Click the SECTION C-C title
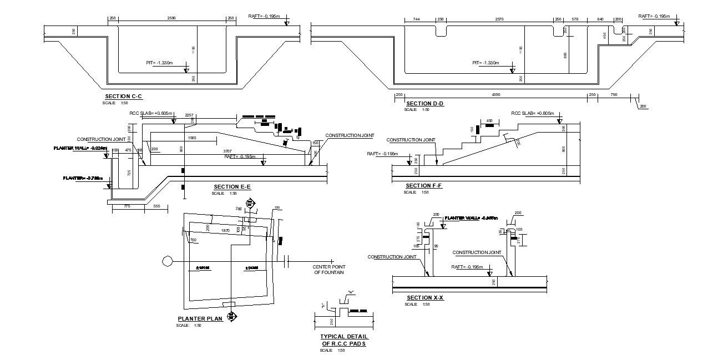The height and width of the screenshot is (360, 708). [x=123, y=97]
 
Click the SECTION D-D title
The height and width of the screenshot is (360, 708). [x=424, y=104]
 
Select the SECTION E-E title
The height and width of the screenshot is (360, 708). [x=232, y=186]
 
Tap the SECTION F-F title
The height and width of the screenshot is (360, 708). [x=423, y=185]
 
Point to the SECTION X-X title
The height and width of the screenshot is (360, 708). [x=425, y=298]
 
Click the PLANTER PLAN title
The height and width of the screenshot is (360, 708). [x=200, y=318]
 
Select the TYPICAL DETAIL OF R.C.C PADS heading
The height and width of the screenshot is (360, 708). [x=344, y=340]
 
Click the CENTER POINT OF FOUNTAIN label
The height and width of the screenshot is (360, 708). [x=329, y=270]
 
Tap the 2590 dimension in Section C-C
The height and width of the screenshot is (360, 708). [x=171, y=19]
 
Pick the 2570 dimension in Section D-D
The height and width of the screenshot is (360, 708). [x=499, y=19]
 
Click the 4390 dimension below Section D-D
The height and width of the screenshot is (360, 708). [x=497, y=95]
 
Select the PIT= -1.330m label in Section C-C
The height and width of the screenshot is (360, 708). [x=160, y=63]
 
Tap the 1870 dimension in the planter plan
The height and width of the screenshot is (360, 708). [x=225, y=230]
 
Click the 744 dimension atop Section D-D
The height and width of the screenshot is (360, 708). [x=416, y=19]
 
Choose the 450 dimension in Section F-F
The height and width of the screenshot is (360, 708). [x=489, y=120]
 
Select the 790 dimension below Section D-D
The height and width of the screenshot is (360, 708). [x=613, y=95]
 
